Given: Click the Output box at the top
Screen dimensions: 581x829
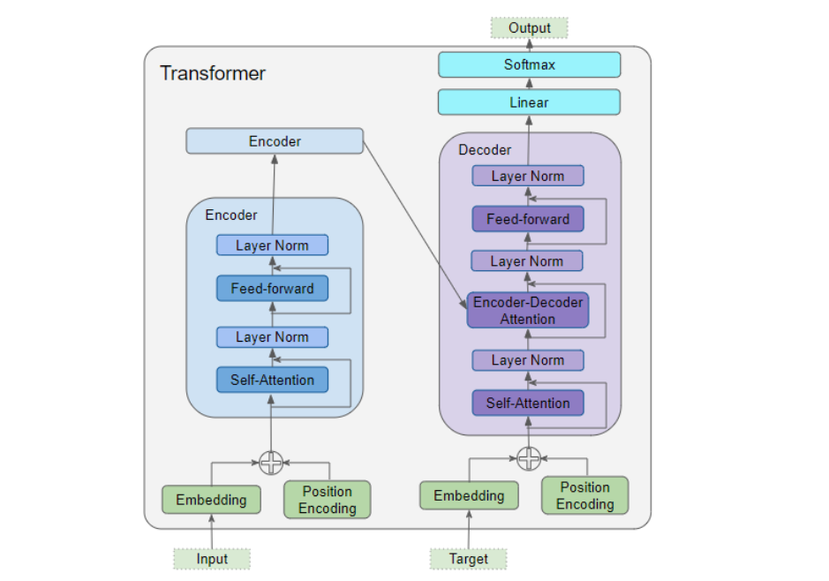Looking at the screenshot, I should [x=529, y=28].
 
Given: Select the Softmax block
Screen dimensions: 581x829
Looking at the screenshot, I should [x=529, y=64].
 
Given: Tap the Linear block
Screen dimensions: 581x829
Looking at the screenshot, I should [x=529, y=102].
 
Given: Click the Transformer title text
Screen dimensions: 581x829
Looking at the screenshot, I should [x=212, y=73].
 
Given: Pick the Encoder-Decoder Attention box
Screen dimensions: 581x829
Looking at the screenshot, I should [x=527, y=311].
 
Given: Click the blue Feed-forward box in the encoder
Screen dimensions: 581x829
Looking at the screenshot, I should [x=272, y=289].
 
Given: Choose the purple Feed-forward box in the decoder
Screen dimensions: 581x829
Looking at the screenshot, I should [x=527, y=219].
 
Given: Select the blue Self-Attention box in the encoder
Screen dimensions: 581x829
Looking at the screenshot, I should [x=272, y=381].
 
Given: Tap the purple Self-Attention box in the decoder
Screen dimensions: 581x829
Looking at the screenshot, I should [x=527, y=404].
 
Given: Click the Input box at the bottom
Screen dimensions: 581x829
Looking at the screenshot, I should [x=212, y=559].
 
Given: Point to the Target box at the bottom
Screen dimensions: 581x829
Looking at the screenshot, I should [x=469, y=559].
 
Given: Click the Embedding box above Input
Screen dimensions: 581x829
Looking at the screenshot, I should [x=211, y=500].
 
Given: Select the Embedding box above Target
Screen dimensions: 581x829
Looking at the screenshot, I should [x=469, y=496].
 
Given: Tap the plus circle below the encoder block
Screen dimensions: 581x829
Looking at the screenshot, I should [x=271, y=462].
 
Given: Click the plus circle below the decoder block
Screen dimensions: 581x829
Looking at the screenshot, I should [x=528, y=458].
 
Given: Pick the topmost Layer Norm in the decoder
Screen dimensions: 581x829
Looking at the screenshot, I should [x=527, y=176].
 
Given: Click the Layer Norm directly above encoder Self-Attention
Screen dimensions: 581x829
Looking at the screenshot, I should [x=272, y=337].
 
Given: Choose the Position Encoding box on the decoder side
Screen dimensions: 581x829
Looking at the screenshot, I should [x=584, y=495].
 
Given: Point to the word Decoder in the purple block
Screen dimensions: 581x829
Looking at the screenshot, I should [x=485, y=150].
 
